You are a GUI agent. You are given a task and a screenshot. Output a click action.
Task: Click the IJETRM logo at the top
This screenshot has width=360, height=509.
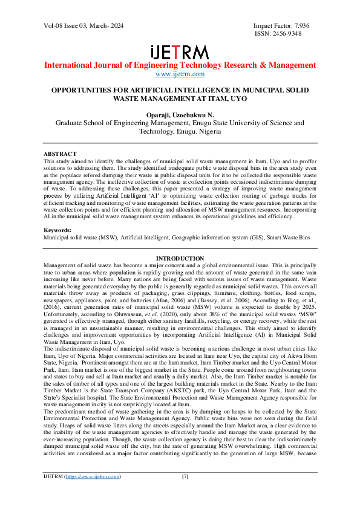[180, 51]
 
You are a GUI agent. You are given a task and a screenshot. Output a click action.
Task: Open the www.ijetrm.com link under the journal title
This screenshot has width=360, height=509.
[180, 74]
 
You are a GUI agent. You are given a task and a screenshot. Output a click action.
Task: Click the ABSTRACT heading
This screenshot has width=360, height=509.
[60, 154]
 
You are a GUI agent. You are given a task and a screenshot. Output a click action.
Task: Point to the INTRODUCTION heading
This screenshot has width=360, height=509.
[180, 259]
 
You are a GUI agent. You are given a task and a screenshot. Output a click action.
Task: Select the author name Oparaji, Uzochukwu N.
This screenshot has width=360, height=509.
[180, 113]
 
